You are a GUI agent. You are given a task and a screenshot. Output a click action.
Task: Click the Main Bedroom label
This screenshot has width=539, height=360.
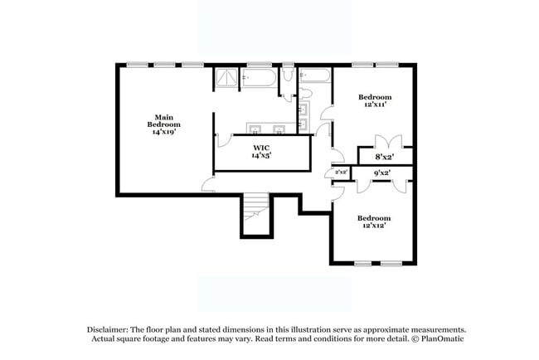[163, 120]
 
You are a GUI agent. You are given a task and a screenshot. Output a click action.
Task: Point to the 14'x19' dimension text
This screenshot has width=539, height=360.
[163, 131]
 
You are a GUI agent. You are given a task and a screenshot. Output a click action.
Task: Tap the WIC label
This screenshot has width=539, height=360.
[261, 147]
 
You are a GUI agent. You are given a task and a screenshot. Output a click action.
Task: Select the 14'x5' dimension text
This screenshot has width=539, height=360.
[261, 155]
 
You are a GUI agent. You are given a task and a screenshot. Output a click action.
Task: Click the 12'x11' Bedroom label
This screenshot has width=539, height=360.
[376, 97]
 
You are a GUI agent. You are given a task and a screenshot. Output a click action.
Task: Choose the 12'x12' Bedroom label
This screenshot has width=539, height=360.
[373, 218]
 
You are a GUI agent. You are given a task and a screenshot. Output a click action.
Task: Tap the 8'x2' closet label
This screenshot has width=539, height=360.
[384, 157]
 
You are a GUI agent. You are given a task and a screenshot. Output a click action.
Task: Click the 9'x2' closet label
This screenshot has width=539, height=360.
[382, 173]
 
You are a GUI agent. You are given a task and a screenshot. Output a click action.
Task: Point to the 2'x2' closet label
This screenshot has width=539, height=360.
[340, 173]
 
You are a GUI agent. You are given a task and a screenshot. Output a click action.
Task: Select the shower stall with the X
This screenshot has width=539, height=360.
[226, 80]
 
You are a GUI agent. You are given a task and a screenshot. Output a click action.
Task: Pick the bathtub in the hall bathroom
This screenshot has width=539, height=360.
[315, 76]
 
